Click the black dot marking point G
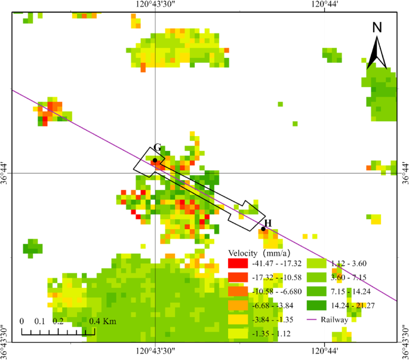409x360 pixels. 154,160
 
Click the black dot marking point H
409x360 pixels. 263,229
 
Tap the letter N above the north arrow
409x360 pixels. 377,27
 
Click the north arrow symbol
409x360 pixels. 377,53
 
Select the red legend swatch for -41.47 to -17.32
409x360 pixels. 236,263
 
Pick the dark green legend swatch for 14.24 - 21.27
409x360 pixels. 316,306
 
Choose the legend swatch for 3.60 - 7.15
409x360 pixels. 316,278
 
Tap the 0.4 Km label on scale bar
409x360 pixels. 102,321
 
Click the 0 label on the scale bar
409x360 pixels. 22,321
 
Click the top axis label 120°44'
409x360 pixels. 324,5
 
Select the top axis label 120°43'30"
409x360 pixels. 155,5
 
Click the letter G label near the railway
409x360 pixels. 157,148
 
